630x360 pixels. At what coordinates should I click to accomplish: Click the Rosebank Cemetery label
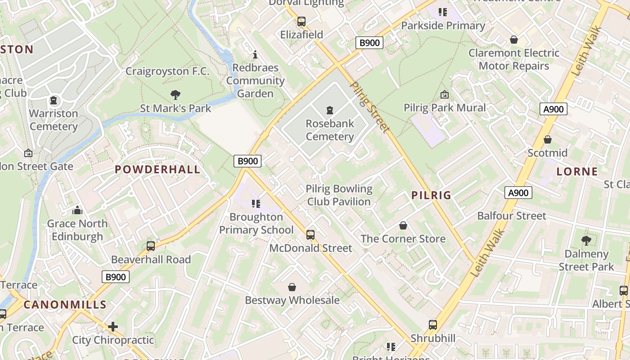(x=330, y=130)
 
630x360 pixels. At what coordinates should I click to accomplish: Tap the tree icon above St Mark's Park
(x=175, y=95)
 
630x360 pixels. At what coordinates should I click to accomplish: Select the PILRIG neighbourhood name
(x=431, y=195)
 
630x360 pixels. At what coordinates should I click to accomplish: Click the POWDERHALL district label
(x=157, y=170)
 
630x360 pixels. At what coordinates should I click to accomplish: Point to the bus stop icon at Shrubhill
(x=433, y=325)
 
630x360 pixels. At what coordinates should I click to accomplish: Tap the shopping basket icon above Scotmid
(x=548, y=139)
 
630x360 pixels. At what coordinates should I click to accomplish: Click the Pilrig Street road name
(x=369, y=107)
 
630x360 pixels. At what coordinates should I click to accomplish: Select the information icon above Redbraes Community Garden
(x=255, y=55)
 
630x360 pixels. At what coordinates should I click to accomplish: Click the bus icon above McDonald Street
(x=310, y=234)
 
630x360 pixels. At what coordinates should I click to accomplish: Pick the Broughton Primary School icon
(x=256, y=204)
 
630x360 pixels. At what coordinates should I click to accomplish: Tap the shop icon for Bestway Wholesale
(x=292, y=287)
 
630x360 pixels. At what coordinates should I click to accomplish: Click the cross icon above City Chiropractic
(x=113, y=326)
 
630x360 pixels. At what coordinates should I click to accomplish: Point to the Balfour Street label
(x=512, y=216)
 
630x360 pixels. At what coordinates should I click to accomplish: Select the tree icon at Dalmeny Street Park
(x=586, y=241)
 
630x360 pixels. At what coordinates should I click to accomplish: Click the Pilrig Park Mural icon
(x=445, y=94)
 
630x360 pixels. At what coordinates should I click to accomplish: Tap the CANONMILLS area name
(x=65, y=305)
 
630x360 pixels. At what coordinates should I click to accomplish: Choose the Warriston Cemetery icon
(x=54, y=100)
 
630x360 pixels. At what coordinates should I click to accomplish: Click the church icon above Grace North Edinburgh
(x=77, y=210)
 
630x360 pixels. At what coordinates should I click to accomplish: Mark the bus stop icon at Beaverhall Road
(x=151, y=246)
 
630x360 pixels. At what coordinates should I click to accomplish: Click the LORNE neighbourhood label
(x=577, y=171)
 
